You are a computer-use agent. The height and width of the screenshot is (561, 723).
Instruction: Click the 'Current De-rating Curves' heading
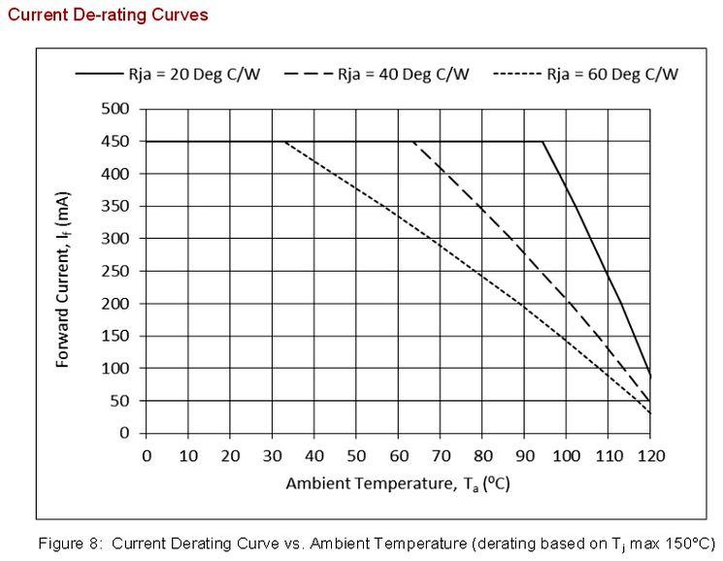point(107,16)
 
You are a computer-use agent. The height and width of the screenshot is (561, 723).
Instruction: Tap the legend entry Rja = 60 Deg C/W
point(612,74)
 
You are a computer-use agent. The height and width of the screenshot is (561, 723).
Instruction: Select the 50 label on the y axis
point(122,401)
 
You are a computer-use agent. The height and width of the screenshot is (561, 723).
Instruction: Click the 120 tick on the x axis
point(650,455)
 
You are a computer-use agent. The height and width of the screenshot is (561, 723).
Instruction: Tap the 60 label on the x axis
point(398,455)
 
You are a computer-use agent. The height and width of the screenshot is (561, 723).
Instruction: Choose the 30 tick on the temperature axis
point(272,455)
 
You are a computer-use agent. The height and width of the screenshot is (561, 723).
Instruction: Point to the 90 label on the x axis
point(524,455)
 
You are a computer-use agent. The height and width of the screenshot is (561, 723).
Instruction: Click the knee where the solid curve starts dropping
point(542,142)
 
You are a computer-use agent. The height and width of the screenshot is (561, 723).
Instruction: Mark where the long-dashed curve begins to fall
point(413,142)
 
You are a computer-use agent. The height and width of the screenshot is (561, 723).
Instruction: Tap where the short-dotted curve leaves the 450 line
point(284,142)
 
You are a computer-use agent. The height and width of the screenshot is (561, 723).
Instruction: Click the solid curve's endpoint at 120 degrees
point(650,376)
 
